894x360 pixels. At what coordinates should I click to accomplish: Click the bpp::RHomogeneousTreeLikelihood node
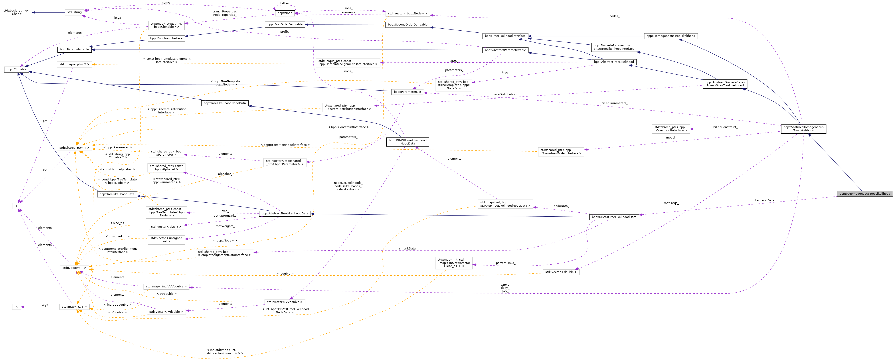864,194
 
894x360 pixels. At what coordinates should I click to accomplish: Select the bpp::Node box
285,13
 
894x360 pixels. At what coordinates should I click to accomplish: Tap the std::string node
75,12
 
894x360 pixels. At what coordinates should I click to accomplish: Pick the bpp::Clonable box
16,69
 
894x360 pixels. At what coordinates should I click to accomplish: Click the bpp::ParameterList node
407,92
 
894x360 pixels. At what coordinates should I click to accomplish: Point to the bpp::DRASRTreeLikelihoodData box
614,217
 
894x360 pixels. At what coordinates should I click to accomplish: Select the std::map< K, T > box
74,307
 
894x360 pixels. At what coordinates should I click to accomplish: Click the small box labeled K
16,307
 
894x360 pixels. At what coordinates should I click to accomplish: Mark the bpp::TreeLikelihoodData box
117,194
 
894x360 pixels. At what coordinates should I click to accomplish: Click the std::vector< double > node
561,272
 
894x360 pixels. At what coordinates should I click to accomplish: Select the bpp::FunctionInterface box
166,39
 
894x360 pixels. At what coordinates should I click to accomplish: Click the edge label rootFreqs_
671,203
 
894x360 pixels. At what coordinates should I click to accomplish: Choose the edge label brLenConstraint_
725,127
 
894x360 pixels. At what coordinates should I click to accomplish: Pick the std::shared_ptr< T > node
74,148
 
